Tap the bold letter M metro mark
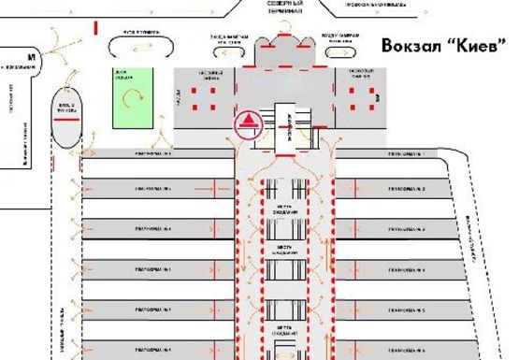tap(32, 57)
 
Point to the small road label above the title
tap(374, 5)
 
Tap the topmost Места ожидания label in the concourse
tap(286, 211)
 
